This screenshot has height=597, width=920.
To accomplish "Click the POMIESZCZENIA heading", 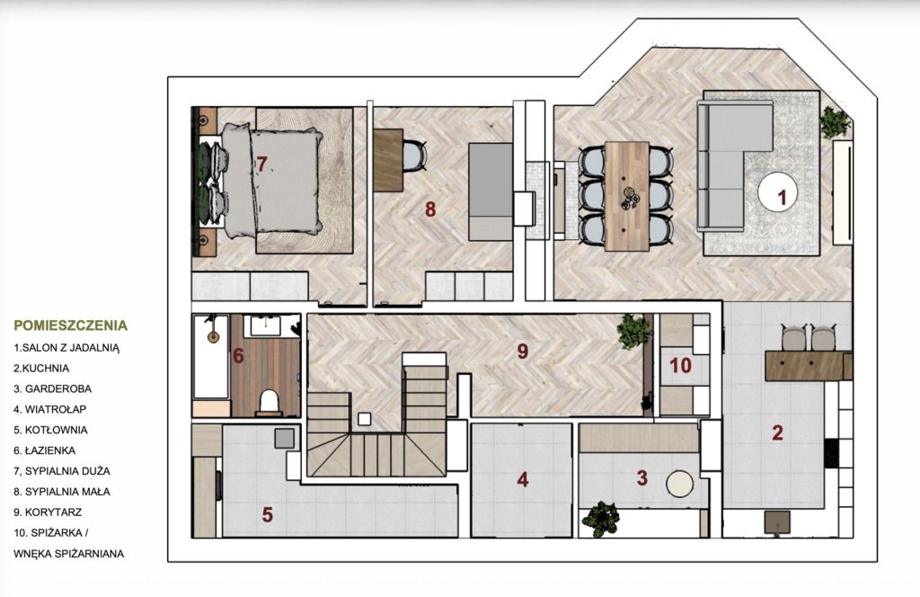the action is tap(70, 325).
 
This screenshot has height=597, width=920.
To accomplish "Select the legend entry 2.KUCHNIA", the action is tap(41, 368).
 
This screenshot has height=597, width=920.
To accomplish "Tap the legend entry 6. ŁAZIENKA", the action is tap(45, 450).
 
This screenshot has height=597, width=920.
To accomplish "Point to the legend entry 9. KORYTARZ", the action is tap(48, 512).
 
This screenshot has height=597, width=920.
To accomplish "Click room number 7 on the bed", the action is tap(261, 164).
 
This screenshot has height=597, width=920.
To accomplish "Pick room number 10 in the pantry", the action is tap(681, 366).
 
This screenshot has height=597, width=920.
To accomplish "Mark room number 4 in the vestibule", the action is tap(523, 479).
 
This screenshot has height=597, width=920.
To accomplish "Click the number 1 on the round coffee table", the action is tap(782, 197).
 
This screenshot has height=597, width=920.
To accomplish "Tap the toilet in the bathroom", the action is tap(269, 402).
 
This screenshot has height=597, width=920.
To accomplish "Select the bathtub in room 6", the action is tap(210, 357).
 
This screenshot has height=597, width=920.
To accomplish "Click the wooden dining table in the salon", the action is tap(627, 196).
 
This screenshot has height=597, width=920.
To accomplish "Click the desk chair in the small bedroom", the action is tap(414, 156).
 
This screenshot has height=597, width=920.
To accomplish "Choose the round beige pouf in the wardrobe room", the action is tap(679, 485).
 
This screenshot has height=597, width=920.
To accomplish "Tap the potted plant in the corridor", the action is tap(633, 332).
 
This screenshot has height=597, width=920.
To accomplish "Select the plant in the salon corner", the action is tap(835, 122).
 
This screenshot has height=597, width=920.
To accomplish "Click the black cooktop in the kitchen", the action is tap(831, 453).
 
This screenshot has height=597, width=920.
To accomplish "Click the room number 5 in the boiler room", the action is tap(268, 515).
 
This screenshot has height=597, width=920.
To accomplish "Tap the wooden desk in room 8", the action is tap(388, 160).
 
